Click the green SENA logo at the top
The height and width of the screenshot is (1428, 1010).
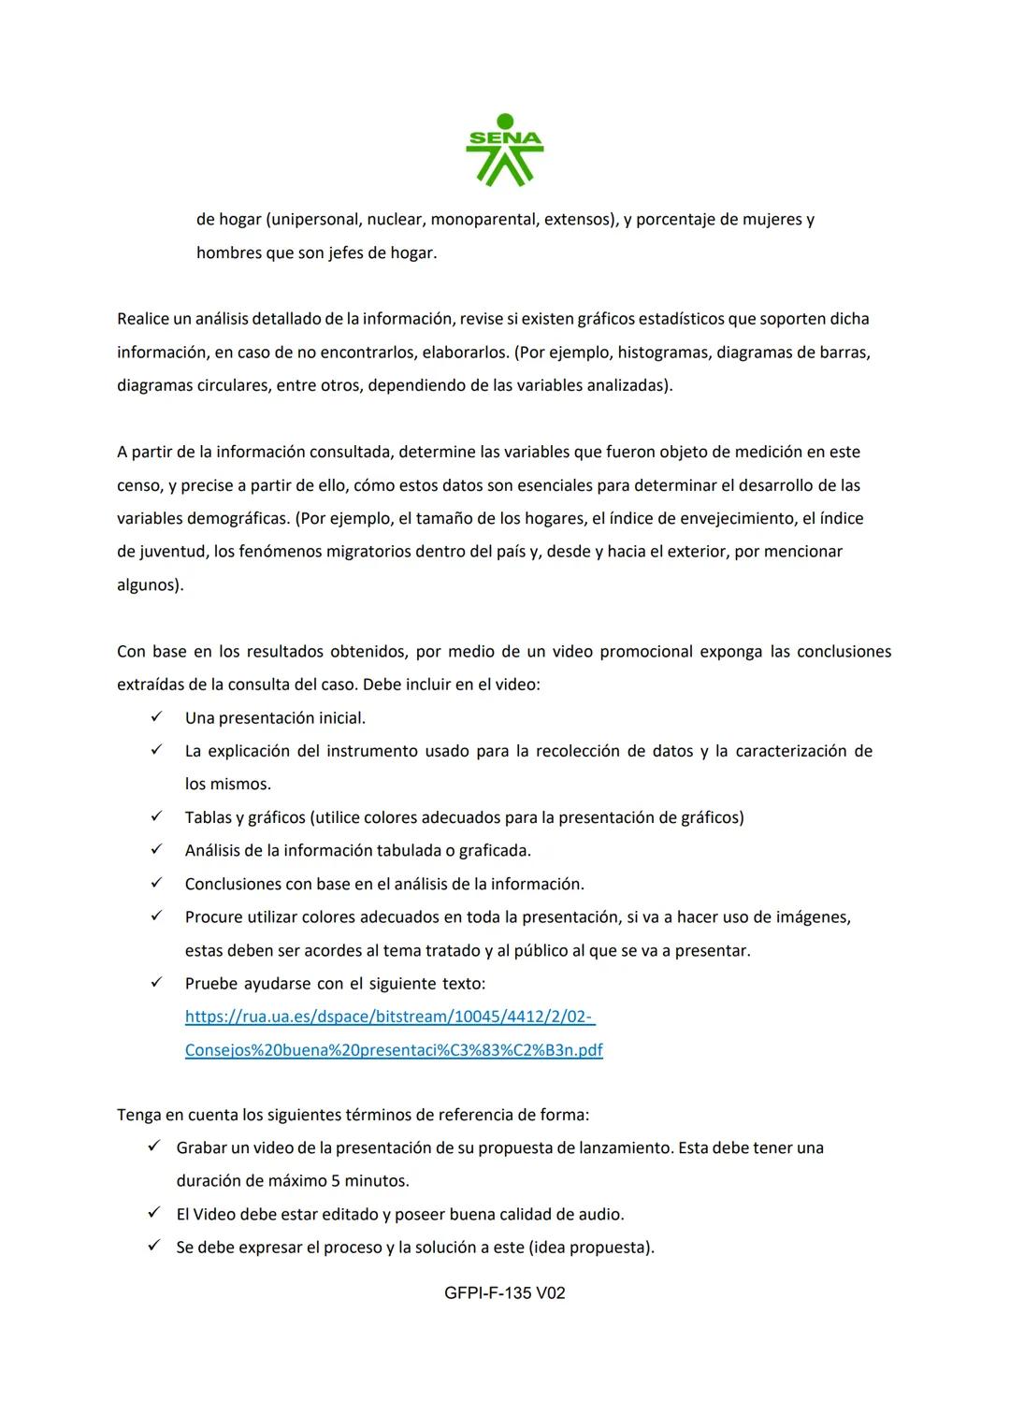pyautogui.click(x=505, y=150)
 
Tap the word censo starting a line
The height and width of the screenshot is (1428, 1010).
pyautogui.click(x=138, y=486)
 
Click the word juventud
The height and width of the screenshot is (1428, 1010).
pyautogui.click(x=173, y=552)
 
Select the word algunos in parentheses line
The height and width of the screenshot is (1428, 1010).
pyautogui.click(x=148, y=585)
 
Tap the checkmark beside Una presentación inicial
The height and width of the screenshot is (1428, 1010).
pyautogui.click(x=156, y=717)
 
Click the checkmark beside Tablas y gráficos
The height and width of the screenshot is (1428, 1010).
pyautogui.click(x=156, y=816)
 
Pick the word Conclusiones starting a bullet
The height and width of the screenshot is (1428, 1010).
pyautogui.click(x=227, y=884)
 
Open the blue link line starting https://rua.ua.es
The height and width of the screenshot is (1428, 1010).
pyautogui.click(x=389, y=1017)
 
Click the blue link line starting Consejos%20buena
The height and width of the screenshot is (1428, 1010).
pyautogui.click(x=393, y=1050)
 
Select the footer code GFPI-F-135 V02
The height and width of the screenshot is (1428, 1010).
pyautogui.click(x=505, y=1293)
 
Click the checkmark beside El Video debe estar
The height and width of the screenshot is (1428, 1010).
pyautogui.click(x=155, y=1214)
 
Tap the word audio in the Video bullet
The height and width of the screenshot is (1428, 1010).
pyautogui.click(x=599, y=1215)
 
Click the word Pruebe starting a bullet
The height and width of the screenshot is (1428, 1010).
pyautogui.click(x=210, y=984)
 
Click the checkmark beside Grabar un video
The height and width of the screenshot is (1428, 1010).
pyautogui.click(x=155, y=1147)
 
